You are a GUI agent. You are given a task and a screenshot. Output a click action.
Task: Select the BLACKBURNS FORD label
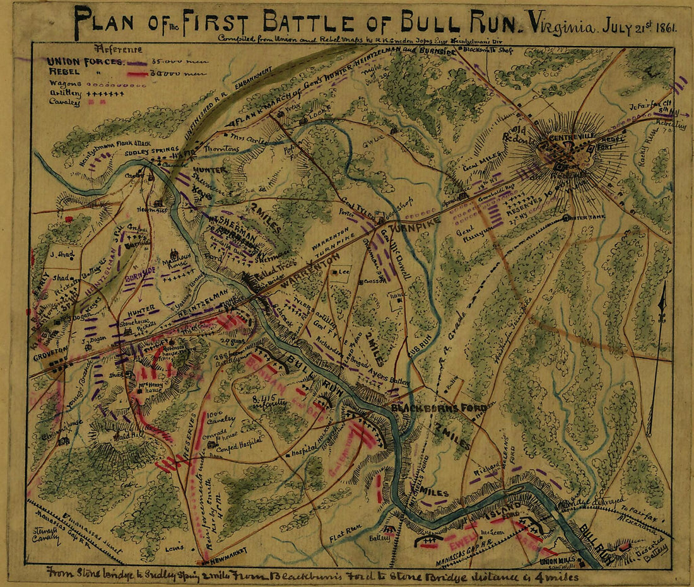coord(430,409)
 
